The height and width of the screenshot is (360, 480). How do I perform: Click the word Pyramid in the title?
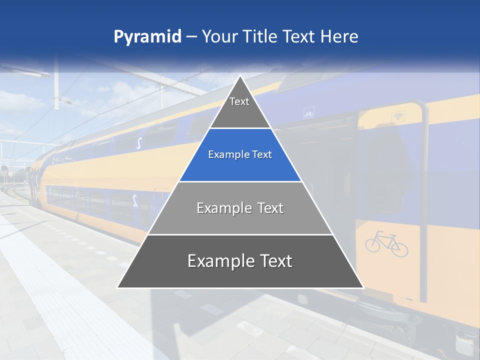147,37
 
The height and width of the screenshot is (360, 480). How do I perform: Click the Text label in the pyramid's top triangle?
239,101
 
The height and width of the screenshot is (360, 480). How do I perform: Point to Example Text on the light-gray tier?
240,208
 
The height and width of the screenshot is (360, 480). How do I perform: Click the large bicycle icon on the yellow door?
386,243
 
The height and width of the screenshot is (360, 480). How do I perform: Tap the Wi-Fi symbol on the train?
398,117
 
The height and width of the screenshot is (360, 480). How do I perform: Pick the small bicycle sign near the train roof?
308,114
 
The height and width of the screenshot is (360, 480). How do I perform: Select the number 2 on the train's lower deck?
135,200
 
